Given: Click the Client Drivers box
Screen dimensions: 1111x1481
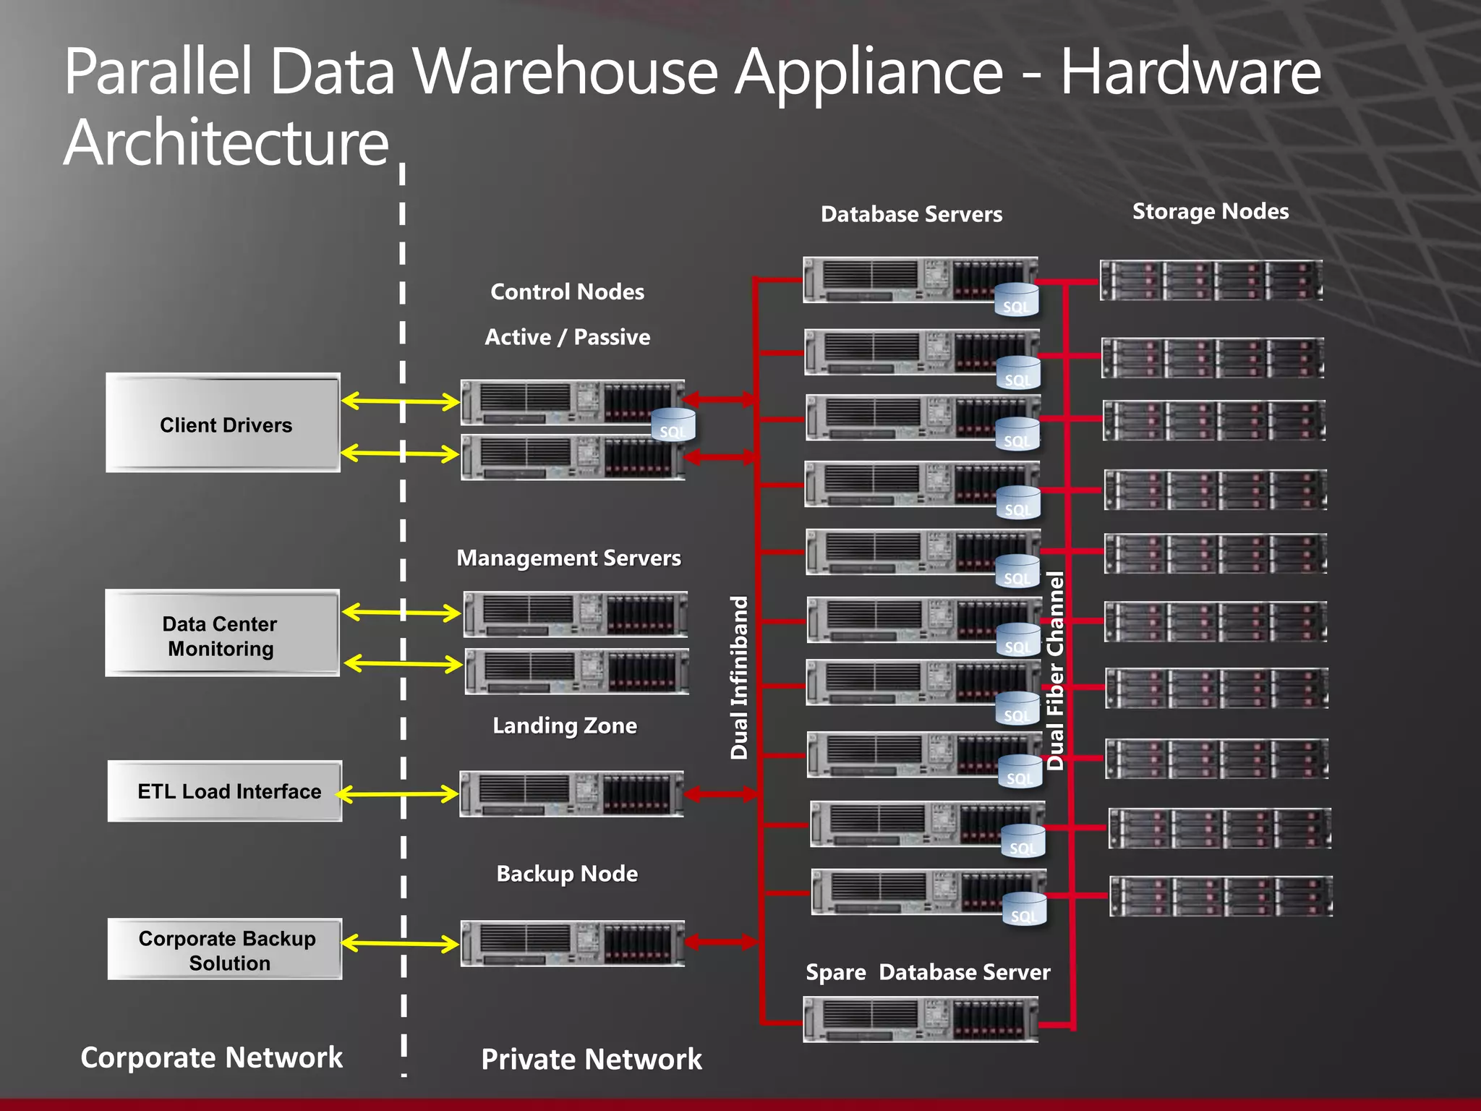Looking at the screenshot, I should click(223, 423).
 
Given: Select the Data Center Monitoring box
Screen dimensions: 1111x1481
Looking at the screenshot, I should click(222, 634).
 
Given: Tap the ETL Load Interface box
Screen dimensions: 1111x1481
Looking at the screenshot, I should click(225, 791).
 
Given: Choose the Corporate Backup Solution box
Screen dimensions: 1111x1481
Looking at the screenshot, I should click(225, 950).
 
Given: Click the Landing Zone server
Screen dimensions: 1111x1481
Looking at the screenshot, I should click(571, 794).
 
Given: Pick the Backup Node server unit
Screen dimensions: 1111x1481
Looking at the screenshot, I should click(572, 943).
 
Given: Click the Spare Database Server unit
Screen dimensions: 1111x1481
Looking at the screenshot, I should click(920, 1019).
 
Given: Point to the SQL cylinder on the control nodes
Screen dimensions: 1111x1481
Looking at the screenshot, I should click(673, 425).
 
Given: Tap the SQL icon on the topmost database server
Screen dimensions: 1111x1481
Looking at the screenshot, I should click(1016, 301).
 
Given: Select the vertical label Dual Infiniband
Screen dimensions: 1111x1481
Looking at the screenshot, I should click(738, 678).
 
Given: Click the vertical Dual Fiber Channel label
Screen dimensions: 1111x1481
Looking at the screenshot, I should click(1055, 671).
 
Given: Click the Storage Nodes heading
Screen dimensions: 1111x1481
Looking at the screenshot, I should click(1210, 211).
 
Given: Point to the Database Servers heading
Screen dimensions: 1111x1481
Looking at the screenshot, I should click(911, 214).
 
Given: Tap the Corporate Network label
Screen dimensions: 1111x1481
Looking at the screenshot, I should click(211, 1057).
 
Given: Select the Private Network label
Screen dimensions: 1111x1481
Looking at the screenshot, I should click(591, 1060).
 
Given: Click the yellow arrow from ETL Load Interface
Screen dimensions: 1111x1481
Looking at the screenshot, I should click(397, 794).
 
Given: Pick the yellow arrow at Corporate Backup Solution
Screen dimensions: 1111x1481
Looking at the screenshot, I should click(399, 943).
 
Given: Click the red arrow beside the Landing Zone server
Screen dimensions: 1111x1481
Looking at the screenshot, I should click(720, 794).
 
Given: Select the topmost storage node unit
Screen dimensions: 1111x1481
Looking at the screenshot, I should click(1211, 281).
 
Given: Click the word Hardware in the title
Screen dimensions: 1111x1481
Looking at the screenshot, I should click(1190, 72).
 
